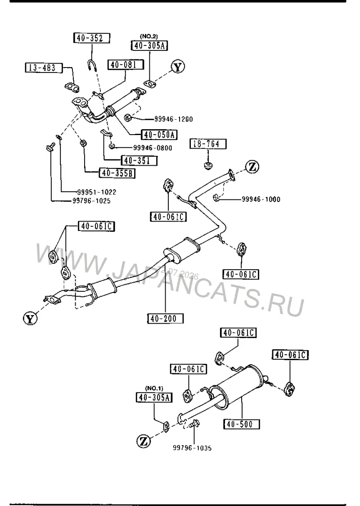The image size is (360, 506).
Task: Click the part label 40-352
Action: point(92,38)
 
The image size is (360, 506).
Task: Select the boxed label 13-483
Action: point(44,68)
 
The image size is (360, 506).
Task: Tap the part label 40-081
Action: point(125,64)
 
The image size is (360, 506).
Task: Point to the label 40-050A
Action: point(159,134)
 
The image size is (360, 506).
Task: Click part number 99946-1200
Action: point(174,119)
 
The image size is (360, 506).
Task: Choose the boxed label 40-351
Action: point(139,161)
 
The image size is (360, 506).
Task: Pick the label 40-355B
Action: point(117,173)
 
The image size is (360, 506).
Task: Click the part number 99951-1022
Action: point(97,192)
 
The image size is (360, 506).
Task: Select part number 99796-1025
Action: point(92,201)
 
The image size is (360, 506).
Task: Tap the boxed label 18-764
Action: point(208,144)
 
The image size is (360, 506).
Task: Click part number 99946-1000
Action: point(261,199)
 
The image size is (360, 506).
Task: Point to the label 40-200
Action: point(165,319)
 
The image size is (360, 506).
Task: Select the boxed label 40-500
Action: point(242,424)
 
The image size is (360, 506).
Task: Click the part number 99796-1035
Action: point(192,448)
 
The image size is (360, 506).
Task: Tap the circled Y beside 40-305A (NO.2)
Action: point(178,67)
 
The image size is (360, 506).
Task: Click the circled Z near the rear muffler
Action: point(144,441)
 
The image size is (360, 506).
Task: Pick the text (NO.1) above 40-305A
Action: point(154,388)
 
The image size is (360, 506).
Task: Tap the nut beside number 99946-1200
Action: point(127,117)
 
